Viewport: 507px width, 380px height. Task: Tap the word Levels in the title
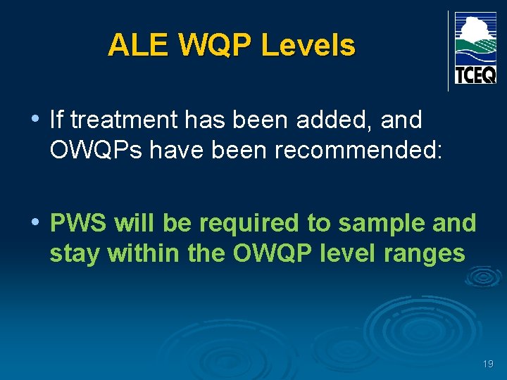308,46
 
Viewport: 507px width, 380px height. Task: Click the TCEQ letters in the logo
475,74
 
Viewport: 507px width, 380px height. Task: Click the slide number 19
488,364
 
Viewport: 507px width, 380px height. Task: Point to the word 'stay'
74,253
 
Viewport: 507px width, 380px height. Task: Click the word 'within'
143,253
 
